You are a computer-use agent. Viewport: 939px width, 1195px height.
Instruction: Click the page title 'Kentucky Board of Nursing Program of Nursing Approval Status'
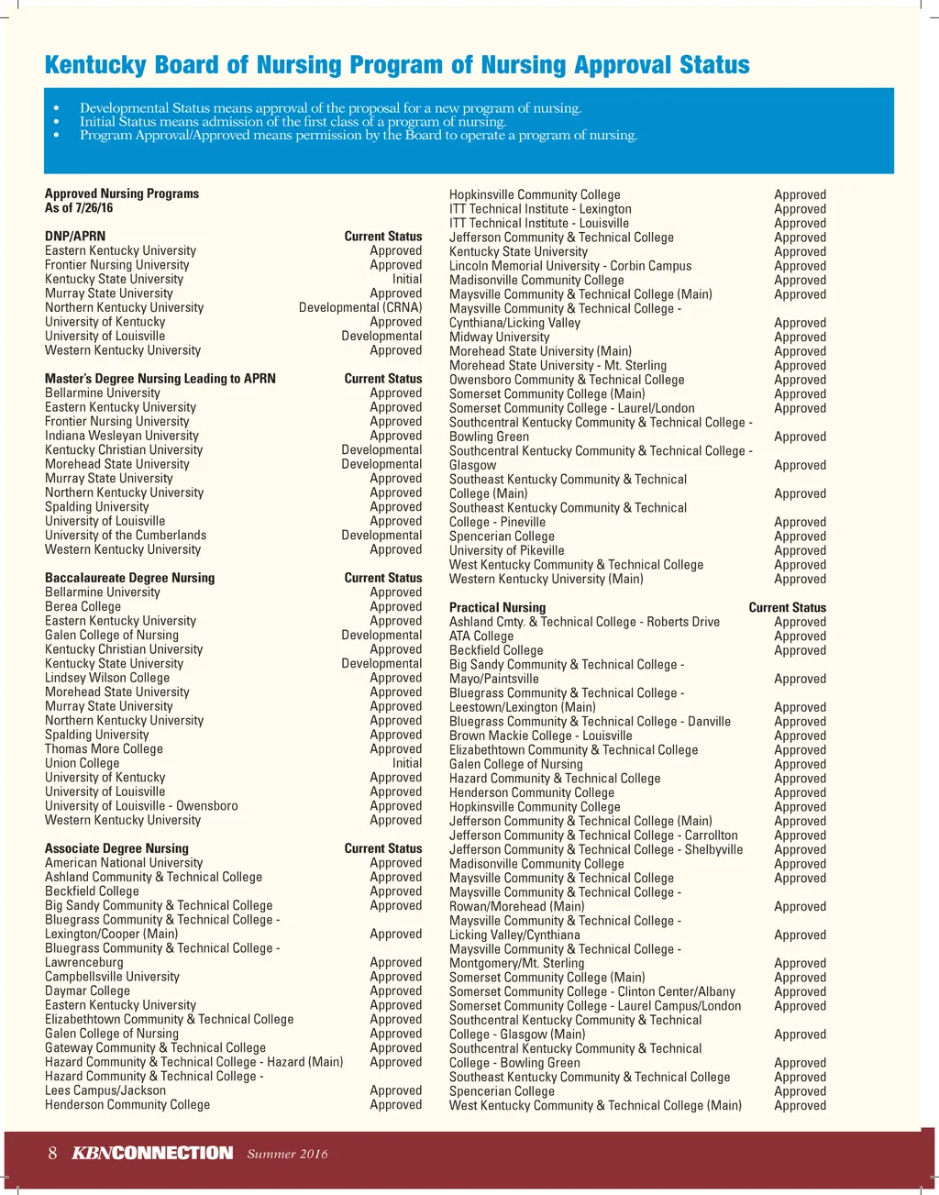[397, 65]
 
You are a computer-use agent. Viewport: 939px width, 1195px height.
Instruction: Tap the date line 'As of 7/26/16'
[79, 208]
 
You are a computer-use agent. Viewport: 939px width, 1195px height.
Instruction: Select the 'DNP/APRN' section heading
[75, 237]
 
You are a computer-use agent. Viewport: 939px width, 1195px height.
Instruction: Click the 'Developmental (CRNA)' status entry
[360, 307]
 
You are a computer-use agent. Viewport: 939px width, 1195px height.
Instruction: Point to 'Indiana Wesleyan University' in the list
[122, 436]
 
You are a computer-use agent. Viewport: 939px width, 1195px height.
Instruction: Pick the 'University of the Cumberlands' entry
[126, 536]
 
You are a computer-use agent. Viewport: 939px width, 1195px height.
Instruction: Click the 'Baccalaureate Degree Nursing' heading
[129, 578]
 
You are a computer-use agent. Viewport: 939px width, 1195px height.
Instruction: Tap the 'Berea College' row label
[83, 606]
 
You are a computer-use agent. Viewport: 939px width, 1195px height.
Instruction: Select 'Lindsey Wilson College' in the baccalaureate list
[107, 678]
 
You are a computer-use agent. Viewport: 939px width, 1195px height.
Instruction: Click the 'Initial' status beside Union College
[407, 763]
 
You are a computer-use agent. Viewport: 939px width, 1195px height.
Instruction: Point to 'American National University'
[124, 863]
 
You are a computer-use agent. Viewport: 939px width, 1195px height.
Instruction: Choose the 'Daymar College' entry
[87, 990]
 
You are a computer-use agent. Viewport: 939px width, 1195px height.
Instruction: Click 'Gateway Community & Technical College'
[155, 1047]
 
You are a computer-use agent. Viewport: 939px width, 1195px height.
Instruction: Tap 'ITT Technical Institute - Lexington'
[540, 209]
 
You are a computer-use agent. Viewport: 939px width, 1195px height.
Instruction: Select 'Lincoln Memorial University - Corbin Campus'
[570, 266]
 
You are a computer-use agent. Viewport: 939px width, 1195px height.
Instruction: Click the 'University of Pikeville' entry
[506, 550]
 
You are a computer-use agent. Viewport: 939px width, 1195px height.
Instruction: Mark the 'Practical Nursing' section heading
[497, 607]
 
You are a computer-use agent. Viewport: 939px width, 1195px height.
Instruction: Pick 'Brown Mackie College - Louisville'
[540, 736]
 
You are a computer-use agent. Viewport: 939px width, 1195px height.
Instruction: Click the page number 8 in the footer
[53, 1153]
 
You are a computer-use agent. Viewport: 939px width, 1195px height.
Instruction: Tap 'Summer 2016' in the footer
[287, 1154]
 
